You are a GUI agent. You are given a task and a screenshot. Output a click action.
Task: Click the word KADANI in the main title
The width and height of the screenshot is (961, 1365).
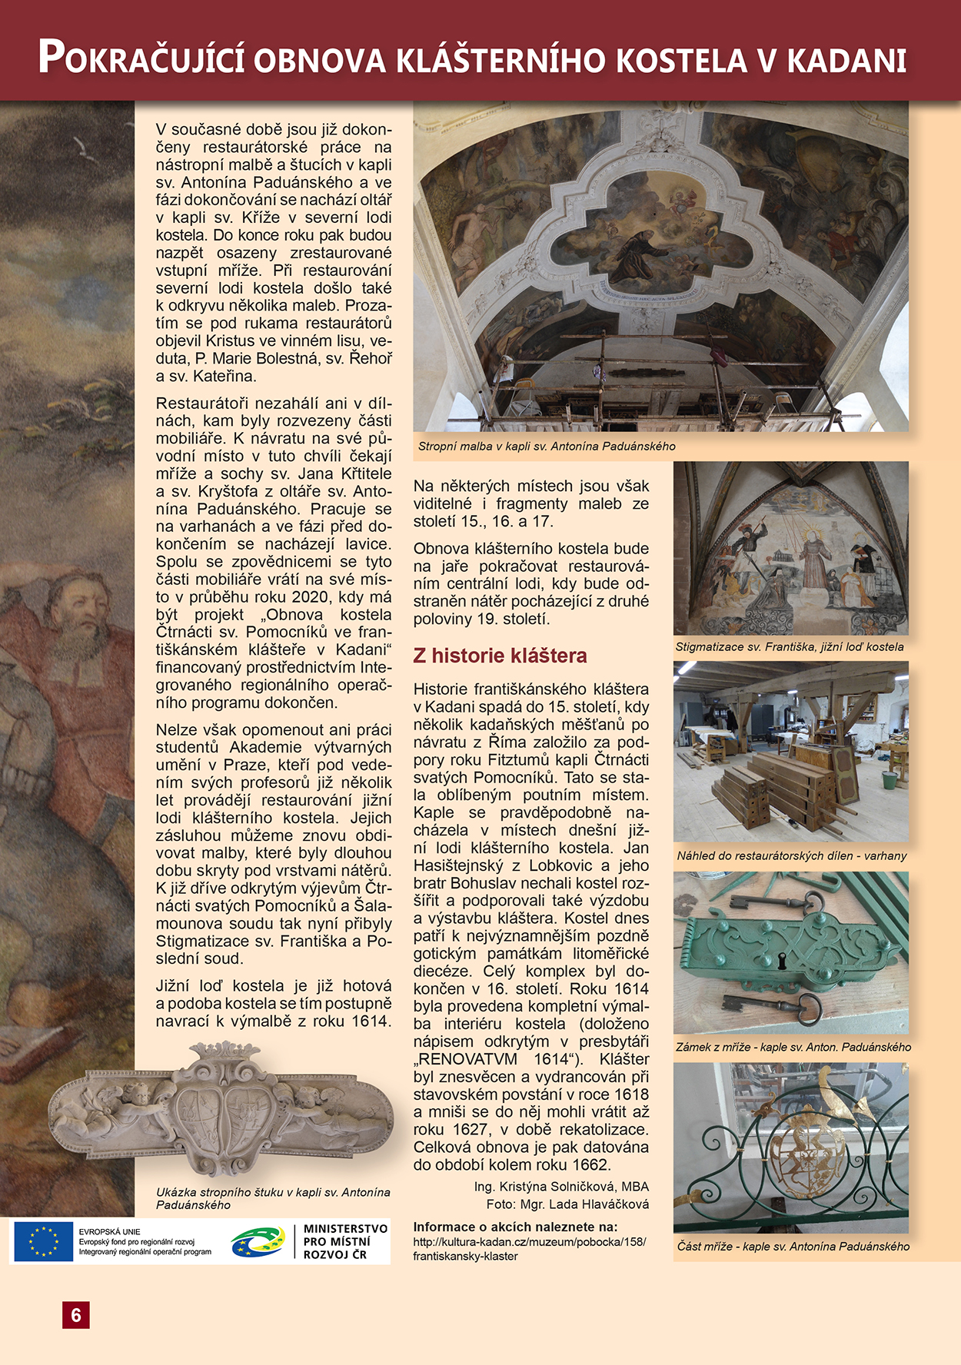846,61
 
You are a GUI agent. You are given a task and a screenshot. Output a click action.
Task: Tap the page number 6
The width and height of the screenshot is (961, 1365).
76,1315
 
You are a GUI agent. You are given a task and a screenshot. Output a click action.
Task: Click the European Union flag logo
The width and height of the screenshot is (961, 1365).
43,1241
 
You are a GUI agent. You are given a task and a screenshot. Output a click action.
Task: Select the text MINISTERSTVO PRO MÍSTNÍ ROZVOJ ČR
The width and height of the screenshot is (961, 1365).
345,1241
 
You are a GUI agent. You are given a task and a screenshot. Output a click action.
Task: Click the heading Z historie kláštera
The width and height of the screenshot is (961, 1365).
500,656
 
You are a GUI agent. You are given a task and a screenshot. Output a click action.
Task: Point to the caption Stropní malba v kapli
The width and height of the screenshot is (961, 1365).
547,446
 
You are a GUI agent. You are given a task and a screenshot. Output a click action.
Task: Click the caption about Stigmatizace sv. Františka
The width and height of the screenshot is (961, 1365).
790,646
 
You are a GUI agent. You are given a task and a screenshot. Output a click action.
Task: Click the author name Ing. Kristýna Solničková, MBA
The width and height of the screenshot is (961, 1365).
561,1187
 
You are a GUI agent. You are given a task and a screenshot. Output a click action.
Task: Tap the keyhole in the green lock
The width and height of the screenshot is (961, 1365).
783,961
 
